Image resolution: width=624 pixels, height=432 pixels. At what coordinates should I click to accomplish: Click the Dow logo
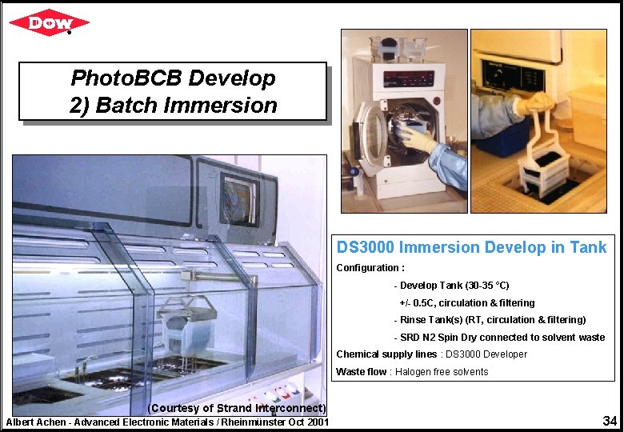(49, 22)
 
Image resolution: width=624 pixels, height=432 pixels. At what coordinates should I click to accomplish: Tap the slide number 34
(610, 420)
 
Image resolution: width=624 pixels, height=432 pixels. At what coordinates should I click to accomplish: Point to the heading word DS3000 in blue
(365, 248)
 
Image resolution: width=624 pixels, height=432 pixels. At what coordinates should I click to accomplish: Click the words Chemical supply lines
(386, 354)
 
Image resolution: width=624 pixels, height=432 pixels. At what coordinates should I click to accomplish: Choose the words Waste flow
(361, 372)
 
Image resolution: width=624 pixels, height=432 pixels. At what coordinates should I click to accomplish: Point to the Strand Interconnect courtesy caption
(238, 409)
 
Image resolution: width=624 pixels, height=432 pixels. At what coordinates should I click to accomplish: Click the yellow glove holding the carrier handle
(534, 103)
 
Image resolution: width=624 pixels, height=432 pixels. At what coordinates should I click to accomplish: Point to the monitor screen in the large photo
(238, 198)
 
